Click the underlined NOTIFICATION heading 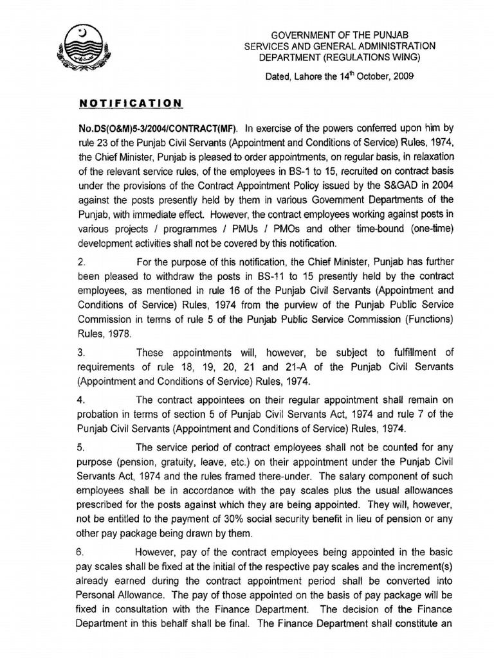click(x=131, y=103)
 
